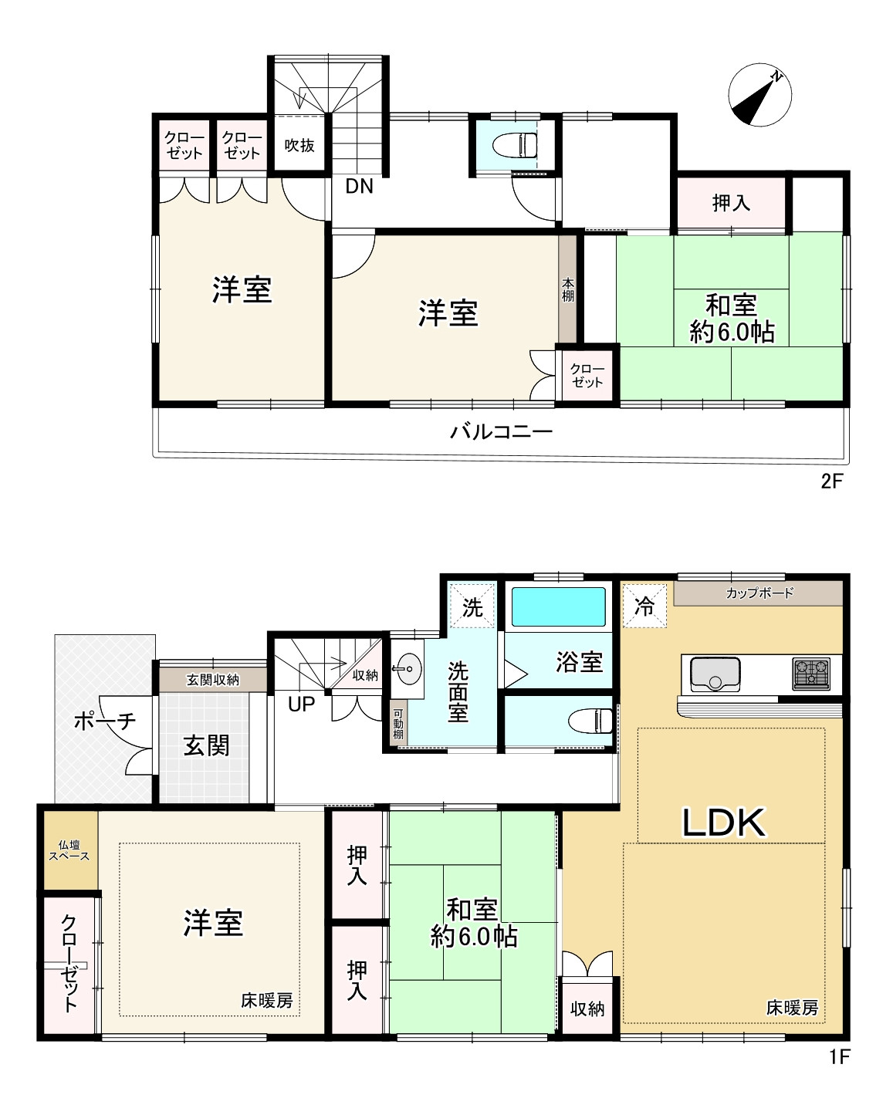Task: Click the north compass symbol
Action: point(759,96)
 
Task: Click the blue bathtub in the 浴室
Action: point(559,606)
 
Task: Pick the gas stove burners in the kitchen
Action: point(811,674)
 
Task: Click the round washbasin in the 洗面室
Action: point(407,669)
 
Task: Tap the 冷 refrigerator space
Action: point(644,606)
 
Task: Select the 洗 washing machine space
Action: point(472,606)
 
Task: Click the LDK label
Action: point(723,823)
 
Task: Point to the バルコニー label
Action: point(501,431)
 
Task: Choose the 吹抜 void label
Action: point(299,146)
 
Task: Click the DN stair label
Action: point(359,186)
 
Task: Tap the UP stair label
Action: point(301,704)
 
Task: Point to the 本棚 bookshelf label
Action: point(568,289)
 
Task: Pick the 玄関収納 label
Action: point(213,680)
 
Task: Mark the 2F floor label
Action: point(832,481)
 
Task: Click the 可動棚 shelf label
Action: point(398,724)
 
